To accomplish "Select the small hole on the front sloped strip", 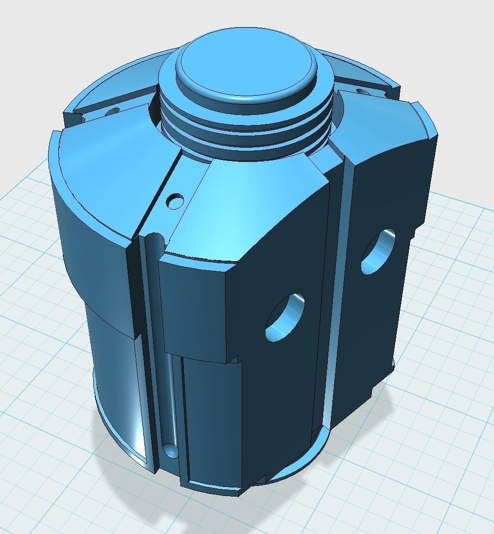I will tap(176, 201).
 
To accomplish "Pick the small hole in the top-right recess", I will tap(362, 92).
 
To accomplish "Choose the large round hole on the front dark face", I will tap(285, 317).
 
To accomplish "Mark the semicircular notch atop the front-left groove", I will tap(152, 237).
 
